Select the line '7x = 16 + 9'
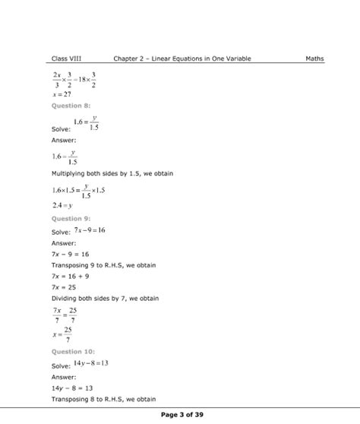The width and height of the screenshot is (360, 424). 71,277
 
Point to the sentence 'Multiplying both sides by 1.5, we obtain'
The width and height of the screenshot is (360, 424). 112,174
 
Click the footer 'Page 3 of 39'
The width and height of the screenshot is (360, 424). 179,414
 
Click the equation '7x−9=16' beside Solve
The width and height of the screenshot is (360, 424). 90,229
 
